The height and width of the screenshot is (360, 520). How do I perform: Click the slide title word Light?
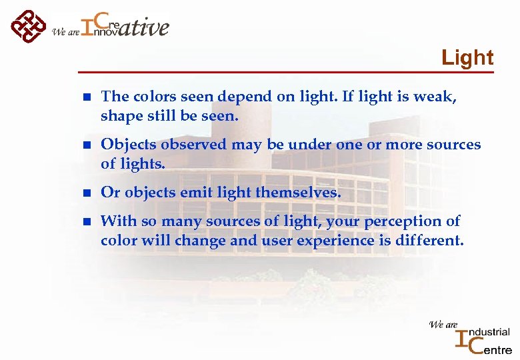(467, 58)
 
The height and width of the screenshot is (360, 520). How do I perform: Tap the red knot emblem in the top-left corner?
(28, 26)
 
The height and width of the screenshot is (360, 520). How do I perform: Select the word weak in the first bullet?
(435, 97)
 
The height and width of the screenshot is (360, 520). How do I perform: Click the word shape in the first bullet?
(120, 116)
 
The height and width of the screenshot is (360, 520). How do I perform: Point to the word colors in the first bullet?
(150, 97)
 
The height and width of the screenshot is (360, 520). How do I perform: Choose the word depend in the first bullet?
(241, 97)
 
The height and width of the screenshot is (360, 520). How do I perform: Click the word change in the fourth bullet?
(200, 240)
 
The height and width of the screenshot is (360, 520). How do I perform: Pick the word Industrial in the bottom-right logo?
(489, 332)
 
